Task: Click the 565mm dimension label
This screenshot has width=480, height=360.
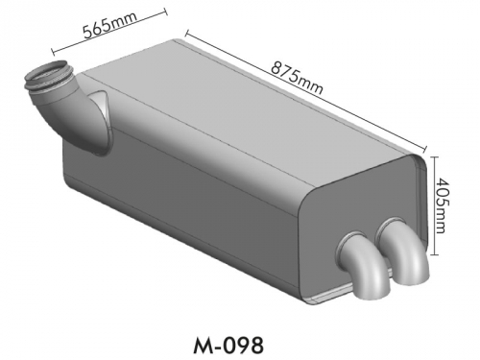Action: [x=109, y=25]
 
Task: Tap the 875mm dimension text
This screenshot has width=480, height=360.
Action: [x=297, y=78]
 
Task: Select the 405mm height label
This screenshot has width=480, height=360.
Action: [x=442, y=205]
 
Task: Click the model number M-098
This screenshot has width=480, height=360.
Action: [x=228, y=346]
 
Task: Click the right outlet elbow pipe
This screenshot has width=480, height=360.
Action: [x=404, y=252]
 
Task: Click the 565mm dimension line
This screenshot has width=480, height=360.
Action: [x=109, y=32]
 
